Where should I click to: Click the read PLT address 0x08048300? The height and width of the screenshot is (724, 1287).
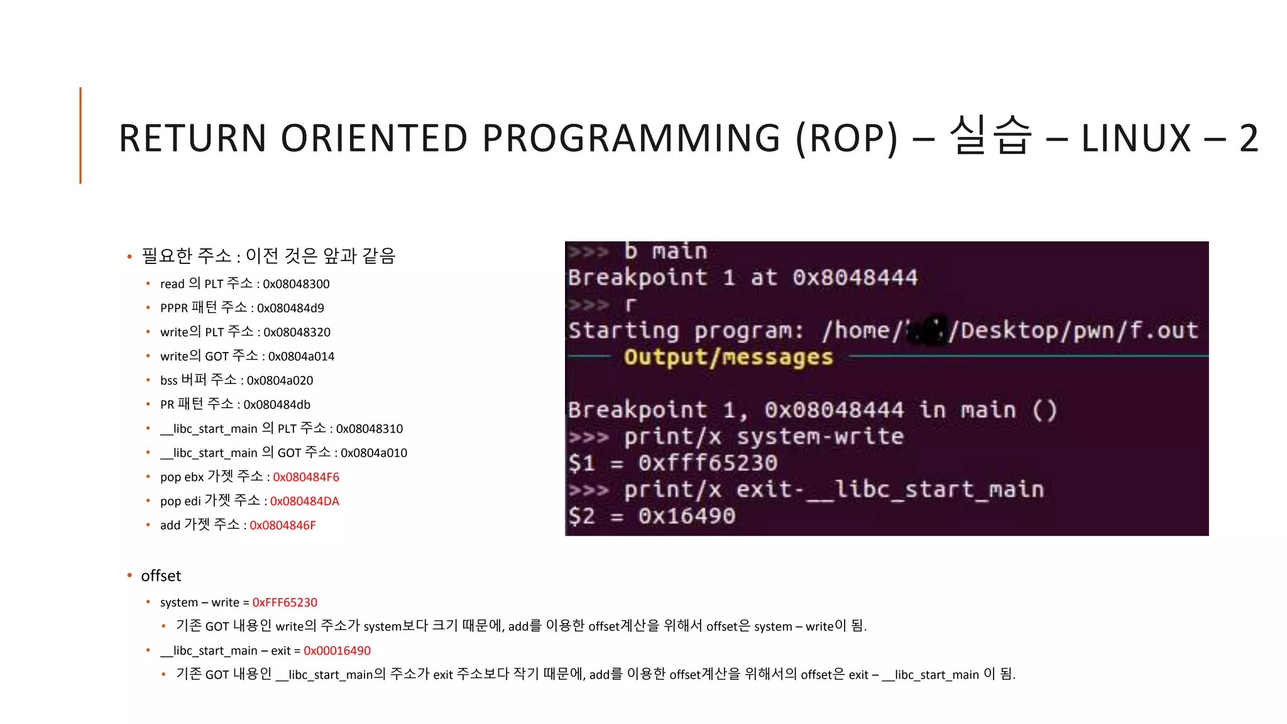(296, 284)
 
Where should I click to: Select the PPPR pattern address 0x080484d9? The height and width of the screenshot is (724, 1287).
(290, 308)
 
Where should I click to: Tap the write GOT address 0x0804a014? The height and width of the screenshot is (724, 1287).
(301, 356)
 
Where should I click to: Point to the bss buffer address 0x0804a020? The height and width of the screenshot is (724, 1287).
(280, 380)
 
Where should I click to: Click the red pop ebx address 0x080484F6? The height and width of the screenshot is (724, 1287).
(306, 477)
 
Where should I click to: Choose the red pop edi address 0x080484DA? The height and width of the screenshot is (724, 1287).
(304, 501)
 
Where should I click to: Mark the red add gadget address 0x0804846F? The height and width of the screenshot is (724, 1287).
(283, 525)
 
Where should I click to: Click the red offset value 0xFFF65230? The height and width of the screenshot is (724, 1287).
(285, 602)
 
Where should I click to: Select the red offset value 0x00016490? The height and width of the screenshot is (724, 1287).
(337, 650)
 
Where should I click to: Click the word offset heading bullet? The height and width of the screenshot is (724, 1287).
(161, 576)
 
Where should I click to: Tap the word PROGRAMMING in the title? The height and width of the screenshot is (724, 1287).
(632, 138)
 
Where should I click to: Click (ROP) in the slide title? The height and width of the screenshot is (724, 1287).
(846, 138)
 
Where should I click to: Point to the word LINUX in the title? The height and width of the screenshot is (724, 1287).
(1136, 138)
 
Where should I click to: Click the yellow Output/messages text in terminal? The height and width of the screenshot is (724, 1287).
(728, 357)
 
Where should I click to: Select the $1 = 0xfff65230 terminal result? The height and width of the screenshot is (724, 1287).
(672, 463)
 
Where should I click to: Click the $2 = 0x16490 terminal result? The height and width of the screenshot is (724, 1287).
(652, 516)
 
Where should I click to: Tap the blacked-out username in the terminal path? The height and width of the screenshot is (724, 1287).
(928, 331)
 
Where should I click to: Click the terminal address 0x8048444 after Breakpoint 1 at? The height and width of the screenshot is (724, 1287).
(855, 277)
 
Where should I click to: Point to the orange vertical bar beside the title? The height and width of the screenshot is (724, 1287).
(80, 135)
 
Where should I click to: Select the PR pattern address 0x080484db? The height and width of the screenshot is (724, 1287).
(277, 405)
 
